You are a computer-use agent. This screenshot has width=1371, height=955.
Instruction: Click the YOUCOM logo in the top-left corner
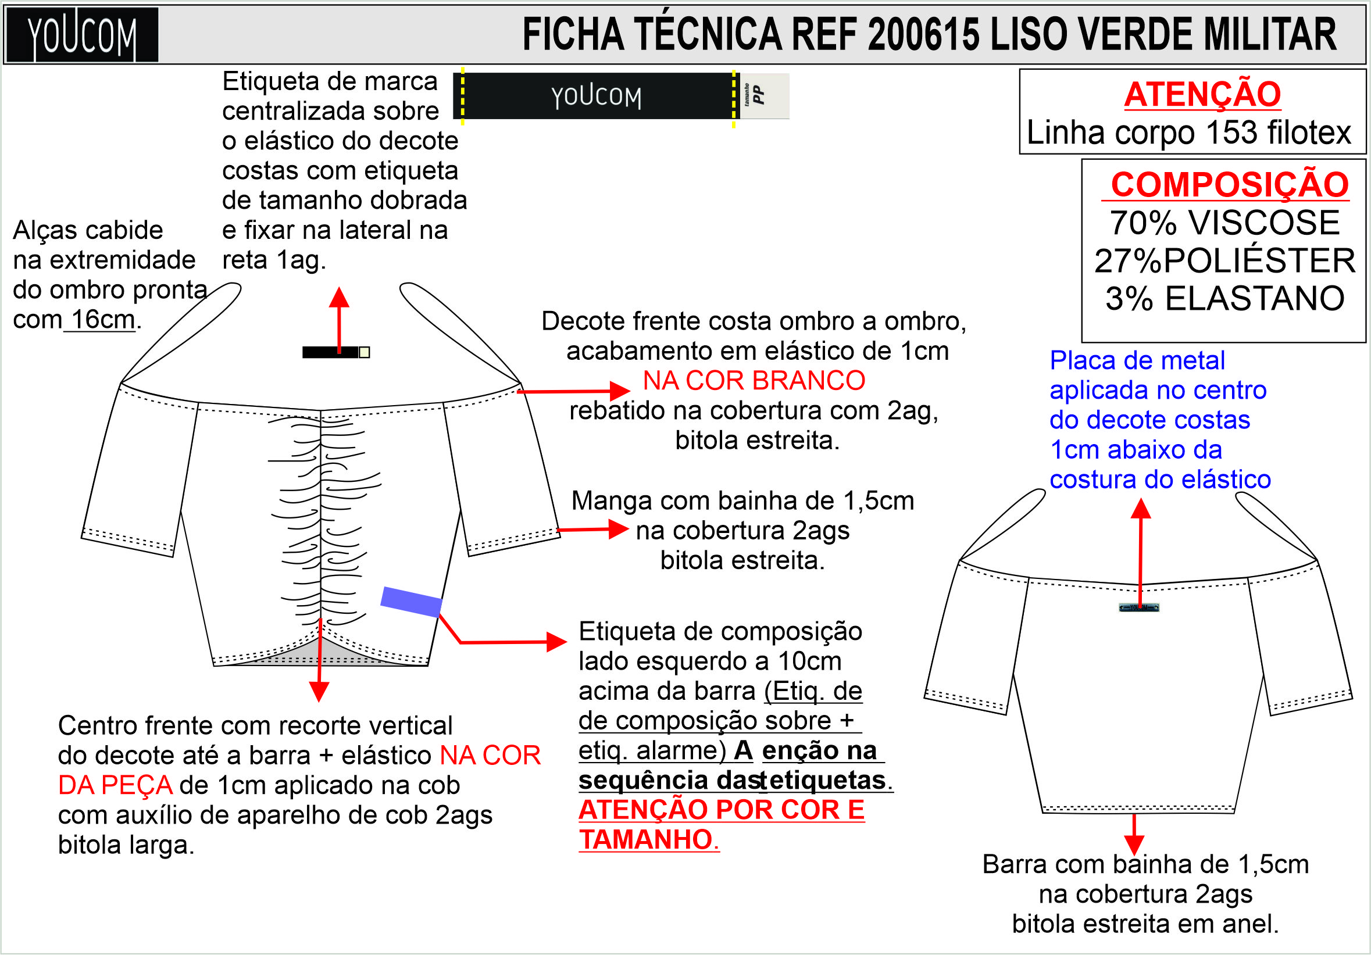[82, 35]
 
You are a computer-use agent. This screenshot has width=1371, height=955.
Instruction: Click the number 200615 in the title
[923, 35]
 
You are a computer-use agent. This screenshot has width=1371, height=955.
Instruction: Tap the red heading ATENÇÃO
[1202, 94]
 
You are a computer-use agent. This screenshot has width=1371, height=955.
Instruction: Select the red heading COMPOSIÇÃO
[1230, 184]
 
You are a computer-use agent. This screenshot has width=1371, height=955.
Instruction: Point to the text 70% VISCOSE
[1224, 223]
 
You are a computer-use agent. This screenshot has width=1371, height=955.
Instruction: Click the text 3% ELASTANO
[1224, 298]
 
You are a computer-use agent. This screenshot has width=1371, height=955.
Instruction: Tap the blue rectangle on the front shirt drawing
[412, 601]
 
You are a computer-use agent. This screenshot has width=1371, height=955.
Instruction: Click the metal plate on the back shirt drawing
[1138, 607]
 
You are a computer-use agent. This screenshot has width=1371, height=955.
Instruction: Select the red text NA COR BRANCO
[754, 381]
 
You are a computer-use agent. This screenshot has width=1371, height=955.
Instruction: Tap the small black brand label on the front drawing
[331, 352]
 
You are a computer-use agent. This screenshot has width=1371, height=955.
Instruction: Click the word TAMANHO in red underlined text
[645, 840]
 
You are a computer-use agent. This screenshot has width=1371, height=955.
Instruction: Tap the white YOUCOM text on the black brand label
[596, 96]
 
